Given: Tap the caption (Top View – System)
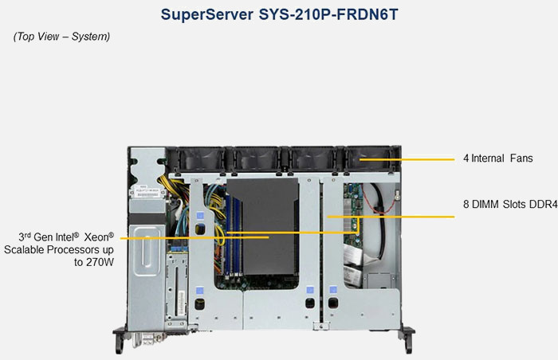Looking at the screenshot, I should coord(61,37).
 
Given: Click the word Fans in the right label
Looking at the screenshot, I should coord(519,158).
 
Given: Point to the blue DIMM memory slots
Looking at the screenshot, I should coord(220,231).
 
